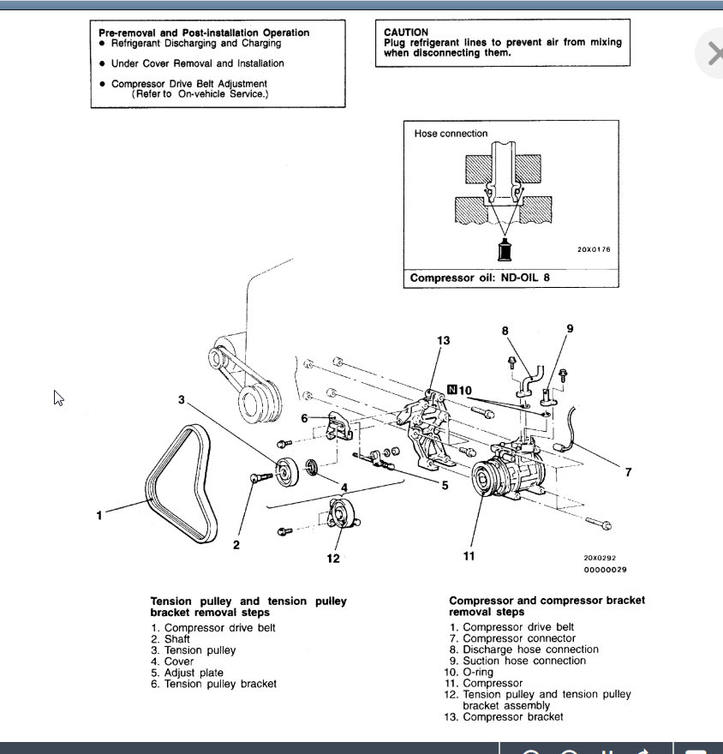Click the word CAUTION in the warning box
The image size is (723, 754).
406,33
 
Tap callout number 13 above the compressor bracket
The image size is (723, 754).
443,341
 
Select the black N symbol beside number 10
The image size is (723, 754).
451,390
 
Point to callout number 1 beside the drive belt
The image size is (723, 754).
99,515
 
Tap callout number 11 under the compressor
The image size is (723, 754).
469,556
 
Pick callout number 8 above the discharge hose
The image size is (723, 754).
505,330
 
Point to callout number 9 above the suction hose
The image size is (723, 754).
570,328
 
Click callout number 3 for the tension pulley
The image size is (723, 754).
182,399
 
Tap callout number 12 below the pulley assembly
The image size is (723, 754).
333,559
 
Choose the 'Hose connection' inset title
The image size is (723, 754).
451,134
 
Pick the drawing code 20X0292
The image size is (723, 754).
601,557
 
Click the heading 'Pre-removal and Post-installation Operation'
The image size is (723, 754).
204,33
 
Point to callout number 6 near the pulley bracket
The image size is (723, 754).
304,418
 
